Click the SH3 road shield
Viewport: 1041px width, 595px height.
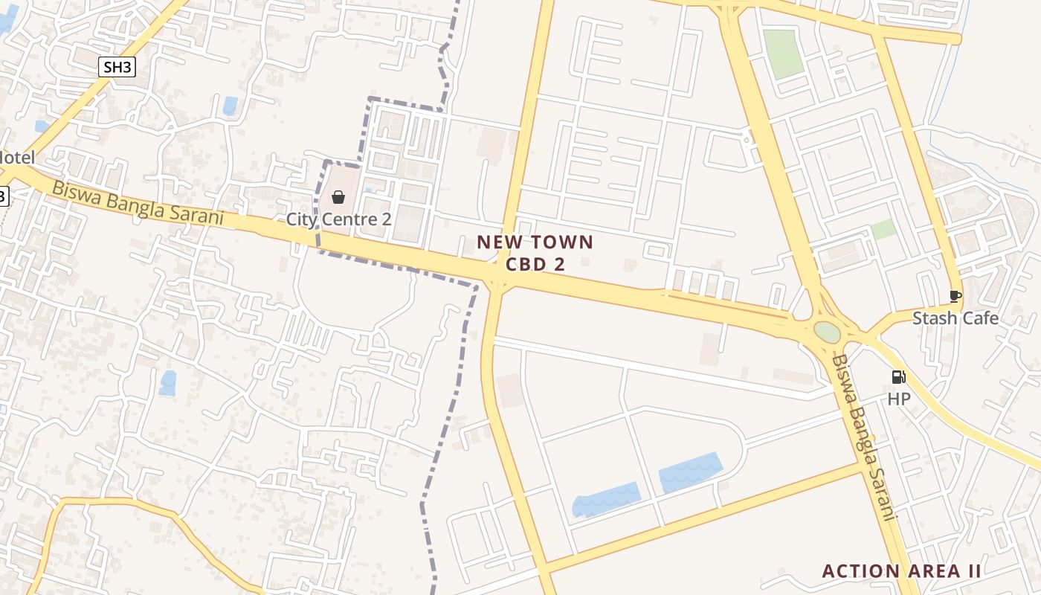coord(117,67)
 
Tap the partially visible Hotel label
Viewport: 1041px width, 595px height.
coord(17,158)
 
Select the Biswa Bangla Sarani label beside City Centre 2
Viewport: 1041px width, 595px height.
coord(138,202)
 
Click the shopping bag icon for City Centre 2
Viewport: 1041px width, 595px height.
coord(338,196)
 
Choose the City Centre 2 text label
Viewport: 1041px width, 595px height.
coord(338,219)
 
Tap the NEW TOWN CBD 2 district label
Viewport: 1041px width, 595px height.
coord(535,253)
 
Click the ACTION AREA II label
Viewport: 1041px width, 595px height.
coord(901,571)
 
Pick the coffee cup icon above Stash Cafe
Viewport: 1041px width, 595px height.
coord(955,297)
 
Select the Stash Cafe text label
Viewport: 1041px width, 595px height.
coord(955,318)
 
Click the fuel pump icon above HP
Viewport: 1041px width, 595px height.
coord(898,377)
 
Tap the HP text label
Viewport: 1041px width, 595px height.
coord(898,399)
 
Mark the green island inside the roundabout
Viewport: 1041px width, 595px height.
coord(826,332)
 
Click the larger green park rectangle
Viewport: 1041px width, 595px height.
coord(784,54)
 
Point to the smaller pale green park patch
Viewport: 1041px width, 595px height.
coord(883,229)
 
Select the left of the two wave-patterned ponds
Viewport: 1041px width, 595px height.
coord(606,499)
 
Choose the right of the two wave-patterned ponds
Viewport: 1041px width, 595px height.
coord(690,472)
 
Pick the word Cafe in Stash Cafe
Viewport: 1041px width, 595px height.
coord(980,318)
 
